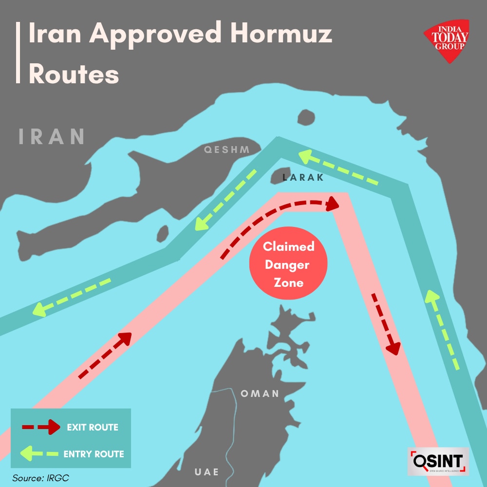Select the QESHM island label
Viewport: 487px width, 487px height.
(227, 150)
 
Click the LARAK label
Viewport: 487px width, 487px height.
(303, 178)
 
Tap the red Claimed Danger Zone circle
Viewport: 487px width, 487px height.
(288, 264)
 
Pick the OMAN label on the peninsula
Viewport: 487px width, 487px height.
(260, 393)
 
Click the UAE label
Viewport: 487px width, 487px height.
(206, 471)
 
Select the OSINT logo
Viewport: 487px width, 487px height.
(438, 461)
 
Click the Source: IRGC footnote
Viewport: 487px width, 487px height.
(41, 478)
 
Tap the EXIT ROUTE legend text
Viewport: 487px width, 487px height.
(93, 428)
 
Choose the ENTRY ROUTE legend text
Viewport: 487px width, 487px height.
(94, 454)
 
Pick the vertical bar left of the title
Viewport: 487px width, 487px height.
(18, 53)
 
